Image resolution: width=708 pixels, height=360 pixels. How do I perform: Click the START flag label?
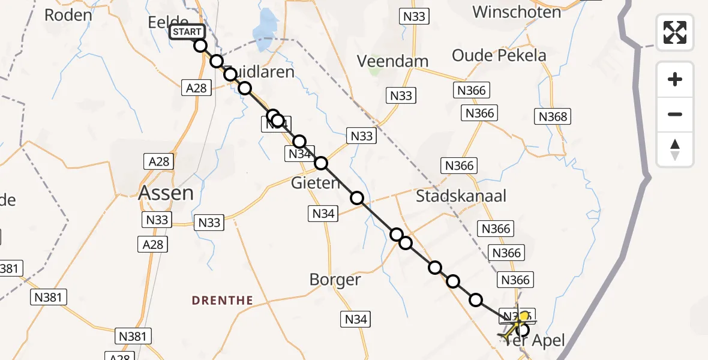coord(187,32)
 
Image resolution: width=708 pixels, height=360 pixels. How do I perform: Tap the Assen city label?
coord(166,193)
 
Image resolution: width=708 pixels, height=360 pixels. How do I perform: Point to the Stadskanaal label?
coord(461,196)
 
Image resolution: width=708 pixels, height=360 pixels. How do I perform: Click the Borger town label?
coord(335,280)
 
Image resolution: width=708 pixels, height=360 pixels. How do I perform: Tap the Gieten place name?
coord(315,182)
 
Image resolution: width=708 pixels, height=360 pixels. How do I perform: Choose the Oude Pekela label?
coord(499,56)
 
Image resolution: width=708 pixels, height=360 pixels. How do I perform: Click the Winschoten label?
coord(517,11)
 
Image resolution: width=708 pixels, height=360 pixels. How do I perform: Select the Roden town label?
coord(68,15)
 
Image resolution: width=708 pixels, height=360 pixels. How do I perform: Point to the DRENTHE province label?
coord(223,300)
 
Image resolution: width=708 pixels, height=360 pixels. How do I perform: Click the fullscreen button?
coord(675,32)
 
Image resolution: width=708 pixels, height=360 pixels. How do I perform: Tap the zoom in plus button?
coord(675,79)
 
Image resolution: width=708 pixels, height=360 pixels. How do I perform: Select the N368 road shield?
coord(553,116)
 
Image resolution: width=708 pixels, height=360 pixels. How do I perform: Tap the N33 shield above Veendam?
coord(414,16)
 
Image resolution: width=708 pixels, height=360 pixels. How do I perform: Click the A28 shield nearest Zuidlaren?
coord(196,88)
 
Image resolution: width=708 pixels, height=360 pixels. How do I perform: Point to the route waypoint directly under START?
coord(200,46)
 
